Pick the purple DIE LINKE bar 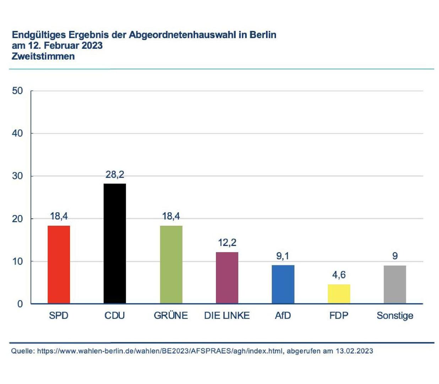[x=227, y=278]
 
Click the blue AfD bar [x=283, y=284]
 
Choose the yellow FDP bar [x=339, y=294]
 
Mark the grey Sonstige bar [x=395, y=284]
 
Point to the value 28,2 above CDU [x=115, y=175]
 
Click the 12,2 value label [x=227, y=243]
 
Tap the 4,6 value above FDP [x=339, y=275]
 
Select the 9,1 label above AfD [x=283, y=256]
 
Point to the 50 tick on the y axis [x=17, y=91]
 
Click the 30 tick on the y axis [x=17, y=176]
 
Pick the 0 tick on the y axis [x=20, y=304]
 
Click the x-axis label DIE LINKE [x=227, y=315]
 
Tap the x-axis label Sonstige [x=395, y=316]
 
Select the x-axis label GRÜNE [x=171, y=315]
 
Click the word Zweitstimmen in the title [x=43, y=57]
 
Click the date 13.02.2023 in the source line [x=354, y=351]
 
